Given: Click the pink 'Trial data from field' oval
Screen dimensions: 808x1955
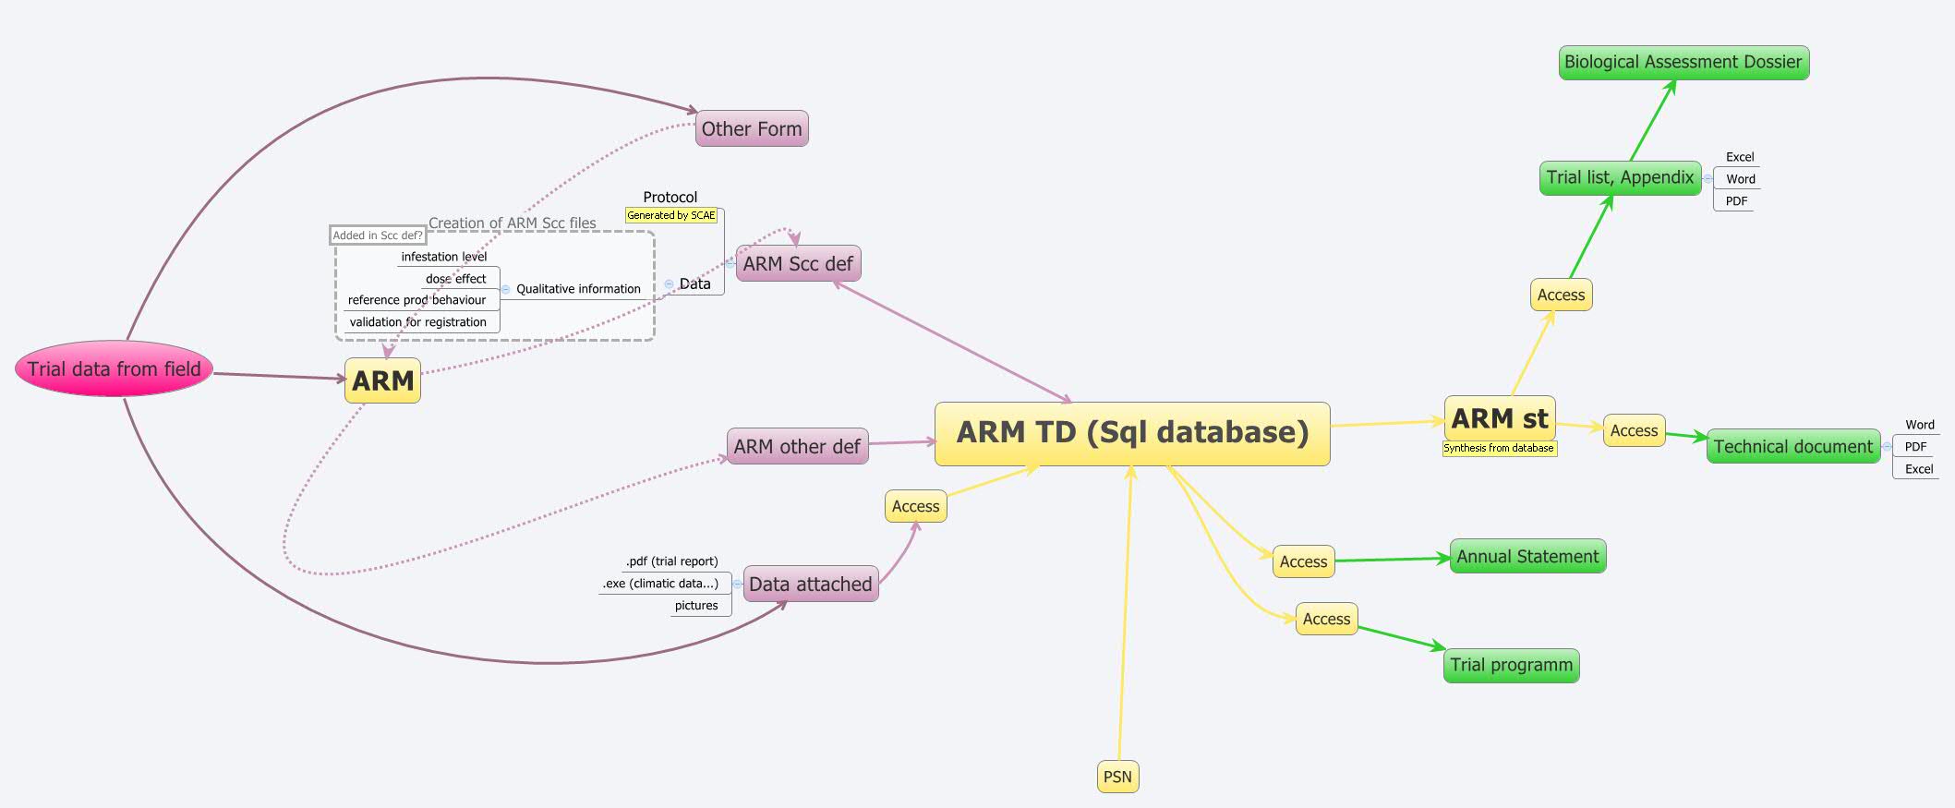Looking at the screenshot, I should point(114,369).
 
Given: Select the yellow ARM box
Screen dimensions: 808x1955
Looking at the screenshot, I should point(382,380).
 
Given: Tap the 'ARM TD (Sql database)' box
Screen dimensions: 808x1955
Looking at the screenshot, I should point(1132,433).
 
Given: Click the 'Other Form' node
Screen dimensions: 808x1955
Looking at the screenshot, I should point(752,129).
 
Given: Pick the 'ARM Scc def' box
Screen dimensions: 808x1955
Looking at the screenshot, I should point(798,264).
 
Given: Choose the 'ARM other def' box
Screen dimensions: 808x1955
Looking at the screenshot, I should point(797,447).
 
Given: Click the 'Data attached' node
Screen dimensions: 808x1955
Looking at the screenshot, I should point(810,585).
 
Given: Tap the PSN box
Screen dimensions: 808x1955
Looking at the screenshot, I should point(1117,777).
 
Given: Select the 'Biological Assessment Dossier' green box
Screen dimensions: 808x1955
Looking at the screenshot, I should point(1683,63).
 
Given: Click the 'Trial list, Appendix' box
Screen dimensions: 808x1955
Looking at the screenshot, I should point(1620,178).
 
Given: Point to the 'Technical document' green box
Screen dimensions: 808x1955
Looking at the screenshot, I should point(1792,447).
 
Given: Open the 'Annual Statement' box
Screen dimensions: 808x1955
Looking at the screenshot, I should point(1527,557).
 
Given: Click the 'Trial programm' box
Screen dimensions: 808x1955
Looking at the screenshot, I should point(1511,666).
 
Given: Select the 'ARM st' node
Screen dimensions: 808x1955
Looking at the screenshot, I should point(1500,419).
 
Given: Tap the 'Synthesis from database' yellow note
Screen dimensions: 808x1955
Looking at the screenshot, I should point(1499,449).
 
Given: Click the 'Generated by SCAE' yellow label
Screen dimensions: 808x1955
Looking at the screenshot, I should point(671,216).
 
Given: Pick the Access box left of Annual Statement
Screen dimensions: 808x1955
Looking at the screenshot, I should point(1303,561).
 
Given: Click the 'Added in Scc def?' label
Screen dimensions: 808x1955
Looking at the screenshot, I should point(377,235).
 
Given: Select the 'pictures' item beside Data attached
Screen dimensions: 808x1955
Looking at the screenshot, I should point(696,606).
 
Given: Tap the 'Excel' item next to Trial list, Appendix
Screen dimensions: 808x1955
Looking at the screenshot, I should point(1740,157).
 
